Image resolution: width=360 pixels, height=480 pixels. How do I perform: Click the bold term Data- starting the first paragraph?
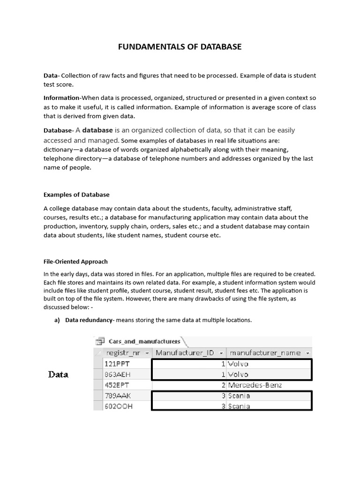[51, 75]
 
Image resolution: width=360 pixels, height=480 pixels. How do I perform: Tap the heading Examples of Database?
[76, 195]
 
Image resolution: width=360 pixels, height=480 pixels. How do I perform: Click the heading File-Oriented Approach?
[75, 262]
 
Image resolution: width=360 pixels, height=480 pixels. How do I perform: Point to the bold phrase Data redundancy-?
[90, 320]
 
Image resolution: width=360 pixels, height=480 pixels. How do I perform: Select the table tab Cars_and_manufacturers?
[144, 341]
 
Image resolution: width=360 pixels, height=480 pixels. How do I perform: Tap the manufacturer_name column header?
[265, 352]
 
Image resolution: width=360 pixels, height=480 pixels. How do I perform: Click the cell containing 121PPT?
[120, 364]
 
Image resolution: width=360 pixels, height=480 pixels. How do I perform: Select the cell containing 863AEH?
[120, 375]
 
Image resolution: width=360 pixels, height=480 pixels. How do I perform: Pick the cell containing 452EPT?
[120, 385]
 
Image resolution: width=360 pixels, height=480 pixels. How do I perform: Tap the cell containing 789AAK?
[120, 396]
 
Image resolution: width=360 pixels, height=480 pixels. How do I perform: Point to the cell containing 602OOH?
[120, 406]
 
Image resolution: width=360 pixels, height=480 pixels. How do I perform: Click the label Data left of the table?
[59, 375]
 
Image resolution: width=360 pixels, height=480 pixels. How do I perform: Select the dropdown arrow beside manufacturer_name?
[307, 352]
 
